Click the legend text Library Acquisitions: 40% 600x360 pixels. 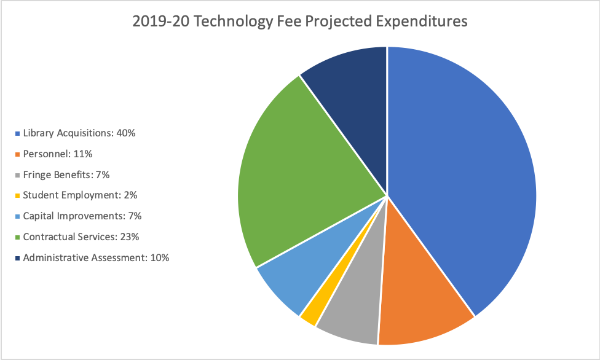79,133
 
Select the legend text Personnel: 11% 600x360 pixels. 58,154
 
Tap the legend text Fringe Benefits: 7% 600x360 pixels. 66,174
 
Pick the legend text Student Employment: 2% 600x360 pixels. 80,195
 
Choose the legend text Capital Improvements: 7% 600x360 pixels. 82,216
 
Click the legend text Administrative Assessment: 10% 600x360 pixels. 96,258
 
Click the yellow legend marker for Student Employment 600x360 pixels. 17,195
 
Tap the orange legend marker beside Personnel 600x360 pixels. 17,154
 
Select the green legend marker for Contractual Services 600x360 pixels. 17,237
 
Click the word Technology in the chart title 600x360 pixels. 231,22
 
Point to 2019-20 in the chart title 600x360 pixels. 160,22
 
